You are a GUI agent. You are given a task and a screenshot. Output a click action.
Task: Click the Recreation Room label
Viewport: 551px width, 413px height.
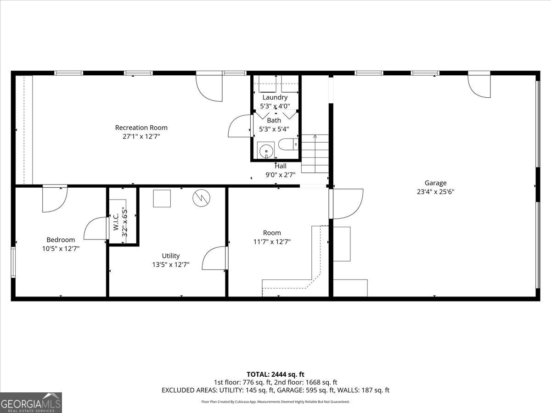(141, 128)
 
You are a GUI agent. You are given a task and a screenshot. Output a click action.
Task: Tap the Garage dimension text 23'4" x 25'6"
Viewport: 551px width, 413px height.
(435, 192)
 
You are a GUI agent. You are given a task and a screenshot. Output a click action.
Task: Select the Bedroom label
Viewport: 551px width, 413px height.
(61, 240)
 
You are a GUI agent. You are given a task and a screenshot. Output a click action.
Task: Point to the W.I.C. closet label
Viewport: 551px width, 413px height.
(116, 221)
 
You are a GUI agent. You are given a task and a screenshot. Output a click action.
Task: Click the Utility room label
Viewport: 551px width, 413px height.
(171, 256)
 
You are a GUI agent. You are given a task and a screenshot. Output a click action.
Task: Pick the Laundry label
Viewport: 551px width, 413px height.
(275, 97)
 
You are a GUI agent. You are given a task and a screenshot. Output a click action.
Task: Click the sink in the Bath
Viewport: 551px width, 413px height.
(265, 151)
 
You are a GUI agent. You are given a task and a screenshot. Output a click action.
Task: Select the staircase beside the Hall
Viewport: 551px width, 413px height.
(315, 153)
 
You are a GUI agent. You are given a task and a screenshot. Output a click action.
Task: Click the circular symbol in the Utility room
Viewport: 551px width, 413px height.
(201, 198)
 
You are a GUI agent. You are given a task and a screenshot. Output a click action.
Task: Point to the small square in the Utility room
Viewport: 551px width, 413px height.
(162, 199)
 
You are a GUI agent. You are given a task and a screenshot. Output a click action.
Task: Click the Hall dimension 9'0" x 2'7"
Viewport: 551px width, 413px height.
(281, 174)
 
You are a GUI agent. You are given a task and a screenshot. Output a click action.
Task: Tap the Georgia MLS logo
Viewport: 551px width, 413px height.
(31, 402)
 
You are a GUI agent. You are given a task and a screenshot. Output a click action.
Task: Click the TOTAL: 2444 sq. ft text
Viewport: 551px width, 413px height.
(275, 374)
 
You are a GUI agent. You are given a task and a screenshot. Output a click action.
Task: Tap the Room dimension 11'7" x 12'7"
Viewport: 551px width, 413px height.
(272, 241)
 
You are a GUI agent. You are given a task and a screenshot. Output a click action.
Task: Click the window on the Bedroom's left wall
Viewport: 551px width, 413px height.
(13, 262)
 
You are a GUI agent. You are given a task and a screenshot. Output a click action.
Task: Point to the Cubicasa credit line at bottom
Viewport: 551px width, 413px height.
(275, 402)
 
